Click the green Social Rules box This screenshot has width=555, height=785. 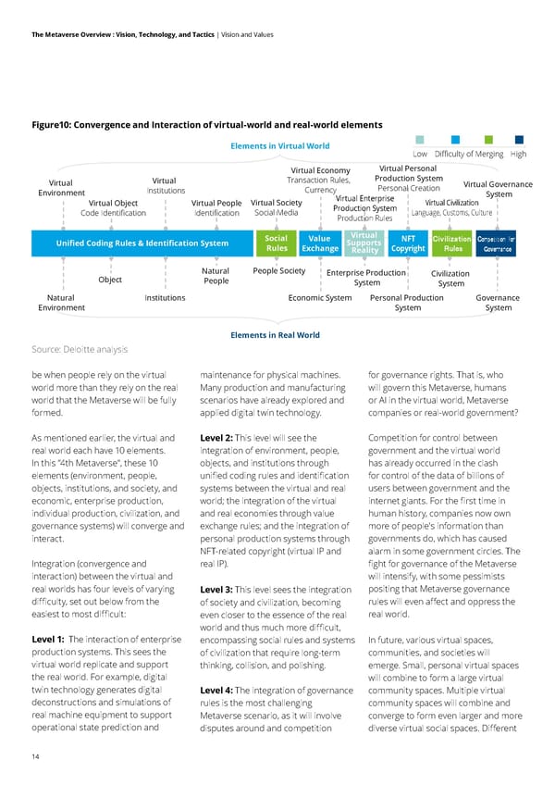(x=277, y=243)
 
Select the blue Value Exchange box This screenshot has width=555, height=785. (x=320, y=243)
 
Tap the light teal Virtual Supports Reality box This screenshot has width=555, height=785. (x=365, y=243)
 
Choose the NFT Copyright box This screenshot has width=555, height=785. (x=408, y=243)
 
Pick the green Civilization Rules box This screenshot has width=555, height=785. (x=452, y=243)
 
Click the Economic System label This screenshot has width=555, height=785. (x=319, y=297)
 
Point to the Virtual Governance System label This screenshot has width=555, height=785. (x=498, y=189)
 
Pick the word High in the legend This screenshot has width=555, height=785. (x=518, y=154)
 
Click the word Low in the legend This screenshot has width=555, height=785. (x=420, y=154)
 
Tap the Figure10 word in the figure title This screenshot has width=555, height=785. (x=55, y=125)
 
